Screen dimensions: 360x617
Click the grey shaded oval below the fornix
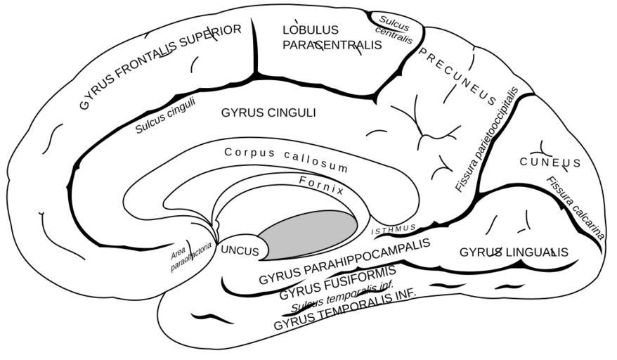(x=308, y=232)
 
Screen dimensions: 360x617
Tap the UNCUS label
(x=240, y=250)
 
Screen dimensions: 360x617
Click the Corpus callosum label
(x=286, y=160)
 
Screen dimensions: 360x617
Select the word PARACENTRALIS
(x=332, y=45)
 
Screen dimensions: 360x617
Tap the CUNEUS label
(x=550, y=163)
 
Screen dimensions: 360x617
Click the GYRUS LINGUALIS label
(x=514, y=252)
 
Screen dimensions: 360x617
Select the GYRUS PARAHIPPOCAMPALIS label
(x=343, y=261)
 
